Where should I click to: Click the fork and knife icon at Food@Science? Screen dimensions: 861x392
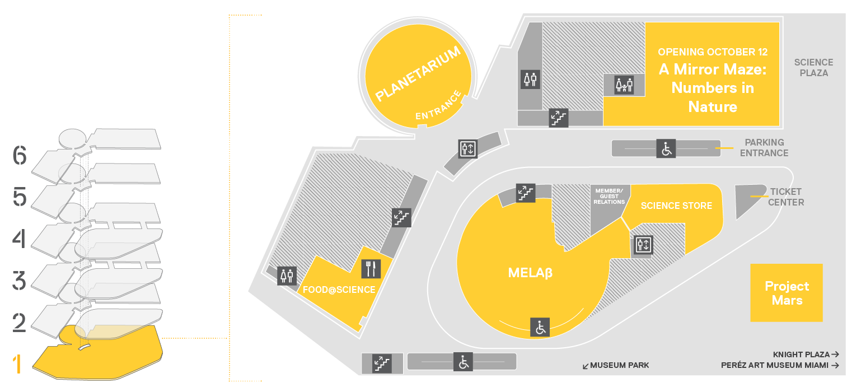(371, 269)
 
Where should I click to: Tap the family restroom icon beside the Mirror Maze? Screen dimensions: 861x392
(624, 85)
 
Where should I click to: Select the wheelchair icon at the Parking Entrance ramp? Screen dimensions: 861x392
(666, 149)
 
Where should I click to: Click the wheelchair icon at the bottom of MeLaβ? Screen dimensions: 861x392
(540, 328)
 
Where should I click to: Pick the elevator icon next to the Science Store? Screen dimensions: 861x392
(643, 245)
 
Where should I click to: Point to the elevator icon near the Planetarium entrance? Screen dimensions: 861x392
(468, 149)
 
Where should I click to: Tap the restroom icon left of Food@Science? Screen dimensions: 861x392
(287, 276)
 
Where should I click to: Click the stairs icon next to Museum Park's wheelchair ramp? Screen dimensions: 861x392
(382, 363)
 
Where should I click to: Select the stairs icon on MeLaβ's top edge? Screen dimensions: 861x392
(526, 193)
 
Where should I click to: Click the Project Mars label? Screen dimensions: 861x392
(787, 293)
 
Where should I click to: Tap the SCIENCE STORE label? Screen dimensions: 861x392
(676, 206)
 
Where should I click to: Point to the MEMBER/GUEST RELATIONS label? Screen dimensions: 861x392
(609, 197)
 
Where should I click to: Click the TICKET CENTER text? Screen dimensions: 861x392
(786, 197)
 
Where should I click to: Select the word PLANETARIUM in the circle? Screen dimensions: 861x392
(418, 74)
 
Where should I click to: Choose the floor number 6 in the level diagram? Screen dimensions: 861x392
(20, 156)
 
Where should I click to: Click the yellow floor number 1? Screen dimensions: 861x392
(17, 365)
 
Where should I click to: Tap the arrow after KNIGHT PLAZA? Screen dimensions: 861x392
(835, 354)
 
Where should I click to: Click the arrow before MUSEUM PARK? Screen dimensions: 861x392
(586, 366)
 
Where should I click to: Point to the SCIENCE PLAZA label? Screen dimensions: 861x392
(814, 68)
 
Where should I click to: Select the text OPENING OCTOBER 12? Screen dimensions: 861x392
(713, 52)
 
